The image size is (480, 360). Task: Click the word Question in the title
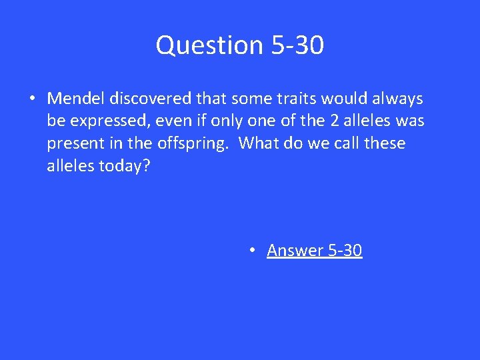click(x=211, y=45)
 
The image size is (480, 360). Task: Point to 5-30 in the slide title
click(x=298, y=45)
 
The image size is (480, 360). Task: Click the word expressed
click(x=111, y=121)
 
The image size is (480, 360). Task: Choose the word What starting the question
click(x=259, y=144)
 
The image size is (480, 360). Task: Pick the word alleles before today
click(x=70, y=167)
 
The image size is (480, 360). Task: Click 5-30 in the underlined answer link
click(x=345, y=251)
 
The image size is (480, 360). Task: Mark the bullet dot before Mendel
click(x=31, y=99)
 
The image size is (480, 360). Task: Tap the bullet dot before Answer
click(x=252, y=251)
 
